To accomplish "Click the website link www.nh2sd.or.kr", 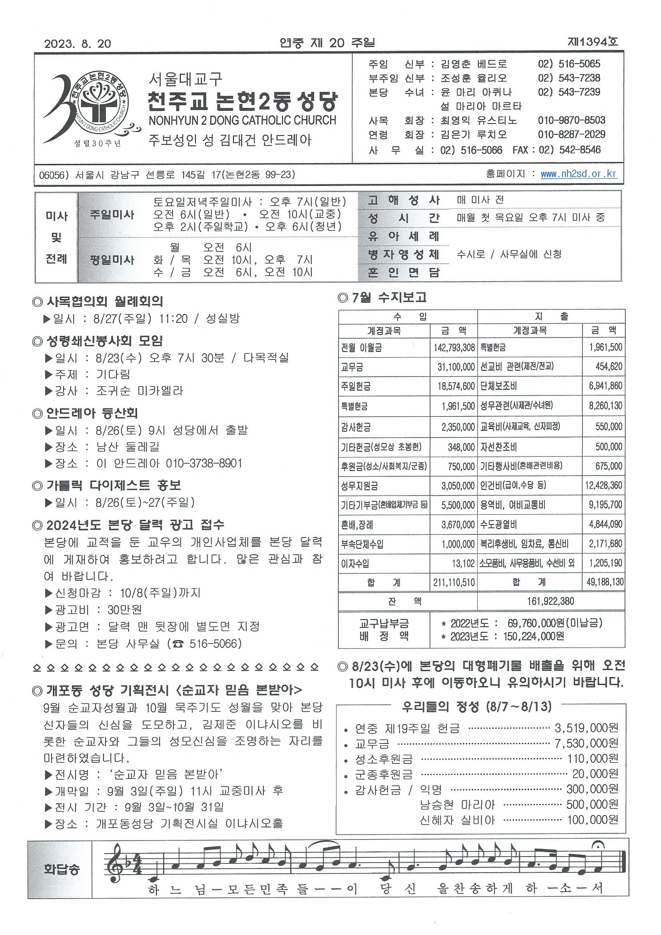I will click(x=578, y=174).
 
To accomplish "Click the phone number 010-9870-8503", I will click(x=571, y=120).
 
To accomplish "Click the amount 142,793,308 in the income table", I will click(x=454, y=348).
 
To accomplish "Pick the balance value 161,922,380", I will click(x=550, y=601).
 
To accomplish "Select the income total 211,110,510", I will click(x=454, y=582).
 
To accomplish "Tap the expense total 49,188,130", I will click(x=605, y=582).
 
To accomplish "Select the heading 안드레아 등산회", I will click(x=92, y=414).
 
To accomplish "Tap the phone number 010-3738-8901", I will click(x=204, y=464).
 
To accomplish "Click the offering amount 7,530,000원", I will click(x=586, y=743).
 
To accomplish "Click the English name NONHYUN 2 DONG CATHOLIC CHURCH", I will click(x=243, y=120).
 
